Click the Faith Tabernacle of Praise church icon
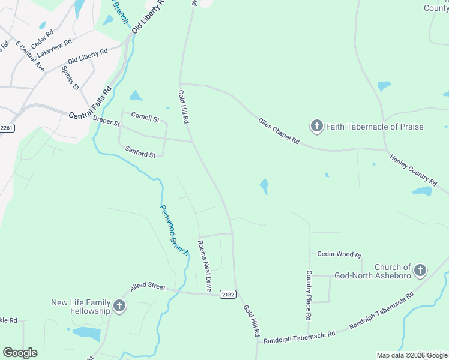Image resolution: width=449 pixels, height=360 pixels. (x=316, y=126)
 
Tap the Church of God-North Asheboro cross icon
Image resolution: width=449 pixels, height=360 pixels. (x=420, y=271)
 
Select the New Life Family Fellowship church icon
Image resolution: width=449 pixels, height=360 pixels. (x=119, y=307)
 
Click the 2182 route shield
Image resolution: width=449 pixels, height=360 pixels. (x=228, y=293)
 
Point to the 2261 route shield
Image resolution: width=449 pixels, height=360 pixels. (x=6, y=128)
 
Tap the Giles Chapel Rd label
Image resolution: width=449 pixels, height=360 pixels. (x=279, y=131)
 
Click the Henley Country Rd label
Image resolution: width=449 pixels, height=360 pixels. (x=413, y=169)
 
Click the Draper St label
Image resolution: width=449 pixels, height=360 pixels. (x=107, y=122)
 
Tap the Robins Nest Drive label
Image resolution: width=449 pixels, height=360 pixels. (x=205, y=265)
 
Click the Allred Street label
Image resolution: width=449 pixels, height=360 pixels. (x=148, y=287)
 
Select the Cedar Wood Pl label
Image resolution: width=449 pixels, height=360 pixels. (x=339, y=254)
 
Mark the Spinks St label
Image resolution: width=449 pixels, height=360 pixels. (x=70, y=78)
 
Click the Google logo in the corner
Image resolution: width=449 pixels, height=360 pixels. (x=20, y=353)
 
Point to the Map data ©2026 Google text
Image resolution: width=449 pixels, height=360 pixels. (x=411, y=355)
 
